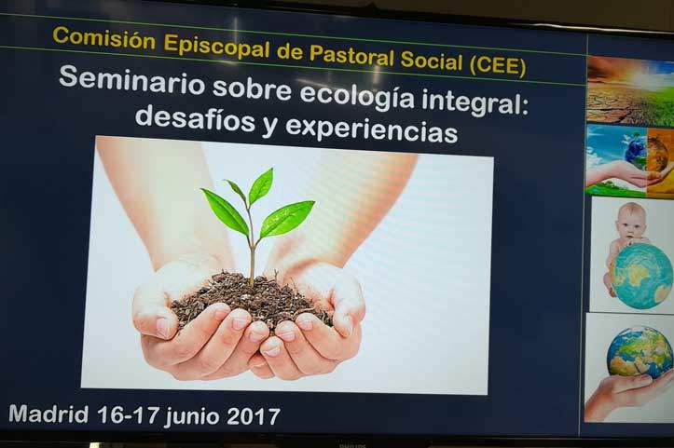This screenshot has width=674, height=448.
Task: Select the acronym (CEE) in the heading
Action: point(498,66)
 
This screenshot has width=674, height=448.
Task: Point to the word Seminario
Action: point(131,80)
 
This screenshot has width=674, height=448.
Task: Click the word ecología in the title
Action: point(357,97)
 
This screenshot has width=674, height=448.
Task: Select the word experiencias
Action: point(371,129)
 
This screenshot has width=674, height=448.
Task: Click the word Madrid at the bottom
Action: point(48,414)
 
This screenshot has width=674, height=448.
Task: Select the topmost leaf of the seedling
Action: point(261,185)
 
